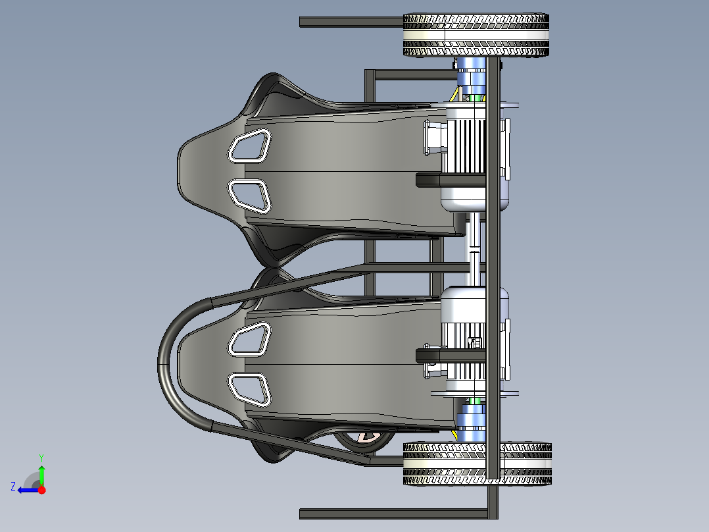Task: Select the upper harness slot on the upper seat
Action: tap(249, 146)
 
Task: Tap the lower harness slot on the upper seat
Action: tap(249, 196)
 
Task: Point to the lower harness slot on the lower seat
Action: tap(249, 388)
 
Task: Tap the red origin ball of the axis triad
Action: tap(41, 490)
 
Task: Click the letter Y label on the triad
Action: tap(41, 457)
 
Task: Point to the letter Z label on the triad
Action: tap(13, 487)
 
